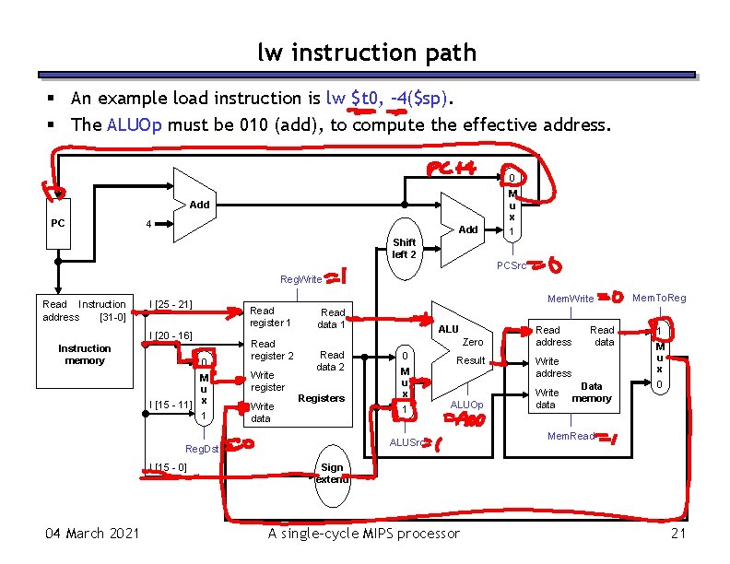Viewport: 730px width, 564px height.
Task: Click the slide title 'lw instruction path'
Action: click(x=366, y=53)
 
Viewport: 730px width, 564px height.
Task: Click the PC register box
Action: click(x=57, y=223)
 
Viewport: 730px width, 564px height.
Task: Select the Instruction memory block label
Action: click(x=84, y=354)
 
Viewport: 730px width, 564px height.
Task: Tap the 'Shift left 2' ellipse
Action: click(x=404, y=248)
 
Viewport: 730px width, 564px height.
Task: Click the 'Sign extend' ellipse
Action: click(x=332, y=474)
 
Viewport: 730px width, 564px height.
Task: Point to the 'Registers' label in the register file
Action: click(x=322, y=398)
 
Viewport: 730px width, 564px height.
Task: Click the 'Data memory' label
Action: click(x=592, y=393)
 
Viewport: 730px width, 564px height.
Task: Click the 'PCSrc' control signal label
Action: click(x=512, y=266)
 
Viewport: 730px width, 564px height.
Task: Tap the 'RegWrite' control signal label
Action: click(x=301, y=278)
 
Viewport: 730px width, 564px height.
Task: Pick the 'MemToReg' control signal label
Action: click(x=659, y=298)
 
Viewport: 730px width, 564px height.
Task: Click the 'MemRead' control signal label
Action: click(x=571, y=436)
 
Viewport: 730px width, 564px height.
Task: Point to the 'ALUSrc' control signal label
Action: click(x=406, y=443)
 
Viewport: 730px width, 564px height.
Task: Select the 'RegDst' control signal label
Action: click(x=202, y=449)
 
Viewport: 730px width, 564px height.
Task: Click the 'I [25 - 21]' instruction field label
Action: click(x=171, y=304)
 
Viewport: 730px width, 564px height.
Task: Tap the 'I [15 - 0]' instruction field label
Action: click(x=168, y=467)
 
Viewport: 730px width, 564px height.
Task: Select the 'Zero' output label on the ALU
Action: click(x=473, y=342)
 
